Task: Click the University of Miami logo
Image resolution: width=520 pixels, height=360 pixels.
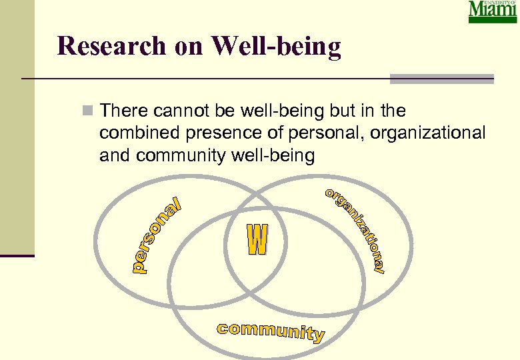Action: coord(492,12)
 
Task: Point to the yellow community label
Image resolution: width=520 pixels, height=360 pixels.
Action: coord(271,331)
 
